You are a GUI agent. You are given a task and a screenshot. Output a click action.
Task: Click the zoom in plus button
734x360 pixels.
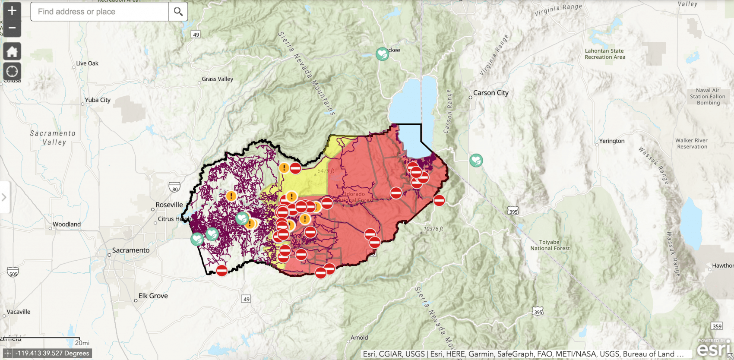(x=12, y=10)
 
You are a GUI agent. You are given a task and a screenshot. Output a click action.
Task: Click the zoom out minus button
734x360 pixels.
(x=12, y=28)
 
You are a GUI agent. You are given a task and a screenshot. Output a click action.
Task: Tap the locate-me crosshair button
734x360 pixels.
(x=12, y=71)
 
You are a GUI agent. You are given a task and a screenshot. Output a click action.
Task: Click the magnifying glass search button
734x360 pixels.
(x=178, y=12)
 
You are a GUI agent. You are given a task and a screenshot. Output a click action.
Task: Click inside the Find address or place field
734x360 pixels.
(x=99, y=12)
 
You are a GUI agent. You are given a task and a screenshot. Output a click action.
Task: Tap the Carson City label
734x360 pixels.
(x=491, y=93)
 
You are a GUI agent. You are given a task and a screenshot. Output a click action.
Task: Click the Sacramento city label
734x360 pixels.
(x=130, y=250)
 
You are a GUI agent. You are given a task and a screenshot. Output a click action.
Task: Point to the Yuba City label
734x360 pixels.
(x=98, y=100)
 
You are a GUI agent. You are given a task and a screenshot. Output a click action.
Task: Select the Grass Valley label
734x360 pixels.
(x=217, y=79)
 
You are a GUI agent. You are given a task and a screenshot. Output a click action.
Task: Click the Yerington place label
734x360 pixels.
(x=612, y=141)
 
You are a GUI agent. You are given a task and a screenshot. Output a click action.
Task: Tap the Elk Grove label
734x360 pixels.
(x=153, y=296)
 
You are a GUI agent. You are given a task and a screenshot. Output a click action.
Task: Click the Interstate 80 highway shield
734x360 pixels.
(x=174, y=188)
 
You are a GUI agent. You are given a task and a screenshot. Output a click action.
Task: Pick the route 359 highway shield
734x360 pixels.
(x=717, y=326)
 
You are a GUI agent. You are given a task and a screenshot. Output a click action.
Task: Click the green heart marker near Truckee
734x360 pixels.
(x=382, y=54)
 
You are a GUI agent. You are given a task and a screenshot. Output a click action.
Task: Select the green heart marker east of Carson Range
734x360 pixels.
(x=476, y=160)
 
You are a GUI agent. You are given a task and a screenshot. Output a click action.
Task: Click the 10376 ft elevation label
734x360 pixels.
(x=433, y=229)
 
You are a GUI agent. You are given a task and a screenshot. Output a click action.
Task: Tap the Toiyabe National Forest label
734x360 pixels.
(x=550, y=245)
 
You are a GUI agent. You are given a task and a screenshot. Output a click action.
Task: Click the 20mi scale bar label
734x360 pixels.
(x=82, y=343)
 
